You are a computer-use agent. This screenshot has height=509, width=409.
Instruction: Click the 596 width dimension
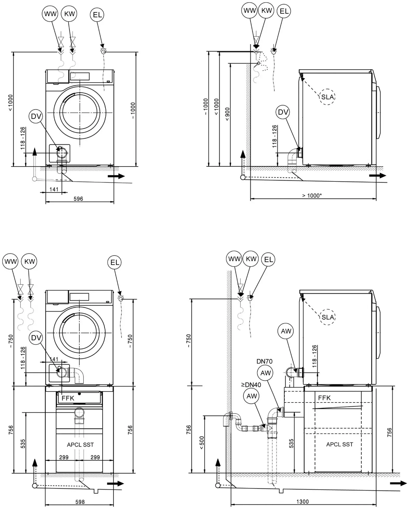(78, 199)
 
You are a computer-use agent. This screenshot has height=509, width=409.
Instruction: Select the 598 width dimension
(80, 502)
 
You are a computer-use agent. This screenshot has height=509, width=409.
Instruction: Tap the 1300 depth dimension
(302, 501)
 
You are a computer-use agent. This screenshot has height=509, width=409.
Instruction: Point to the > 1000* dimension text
(312, 196)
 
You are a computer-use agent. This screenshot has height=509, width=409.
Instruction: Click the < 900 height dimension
(227, 114)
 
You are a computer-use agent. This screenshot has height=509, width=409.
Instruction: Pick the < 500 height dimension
(202, 443)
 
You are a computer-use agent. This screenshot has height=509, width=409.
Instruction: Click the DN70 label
(264, 361)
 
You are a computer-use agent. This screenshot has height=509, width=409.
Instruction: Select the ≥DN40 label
(251, 384)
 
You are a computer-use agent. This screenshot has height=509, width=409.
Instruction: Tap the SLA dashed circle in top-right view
(327, 97)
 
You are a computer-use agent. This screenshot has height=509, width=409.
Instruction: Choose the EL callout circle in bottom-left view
(115, 262)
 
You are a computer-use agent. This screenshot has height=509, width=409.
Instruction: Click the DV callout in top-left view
(36, 116)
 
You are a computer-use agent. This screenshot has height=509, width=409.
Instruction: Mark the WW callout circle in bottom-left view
(10, 262)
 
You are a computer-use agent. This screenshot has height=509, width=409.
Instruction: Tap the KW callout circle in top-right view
(266, 10)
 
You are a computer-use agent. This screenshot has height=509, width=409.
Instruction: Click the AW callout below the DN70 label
(266, 373)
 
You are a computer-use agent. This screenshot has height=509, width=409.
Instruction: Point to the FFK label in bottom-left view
(68, 398)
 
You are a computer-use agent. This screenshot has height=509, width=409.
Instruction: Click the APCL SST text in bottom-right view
(339, 444)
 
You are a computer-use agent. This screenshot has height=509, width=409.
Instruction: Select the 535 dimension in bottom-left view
(23, 443)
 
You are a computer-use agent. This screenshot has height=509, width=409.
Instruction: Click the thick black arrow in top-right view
(377, 175)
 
